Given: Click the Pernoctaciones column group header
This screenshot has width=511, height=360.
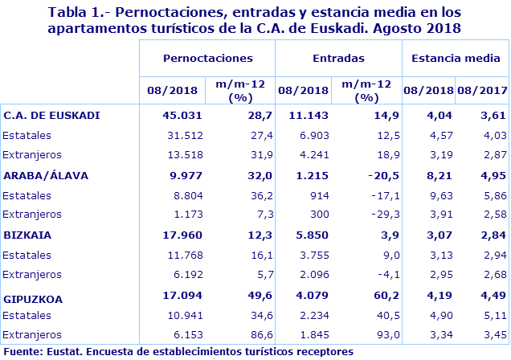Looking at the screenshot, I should tap(207, 58).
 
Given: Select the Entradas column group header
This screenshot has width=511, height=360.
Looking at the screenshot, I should tap(338, 58).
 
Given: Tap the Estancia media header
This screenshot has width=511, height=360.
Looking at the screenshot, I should tap(454, 58).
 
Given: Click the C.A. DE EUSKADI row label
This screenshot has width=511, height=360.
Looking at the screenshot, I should tap(52, 115).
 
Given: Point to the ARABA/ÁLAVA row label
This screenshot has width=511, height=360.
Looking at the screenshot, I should tap(47, 175).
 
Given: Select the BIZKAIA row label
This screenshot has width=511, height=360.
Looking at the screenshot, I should tap(28, 236).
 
